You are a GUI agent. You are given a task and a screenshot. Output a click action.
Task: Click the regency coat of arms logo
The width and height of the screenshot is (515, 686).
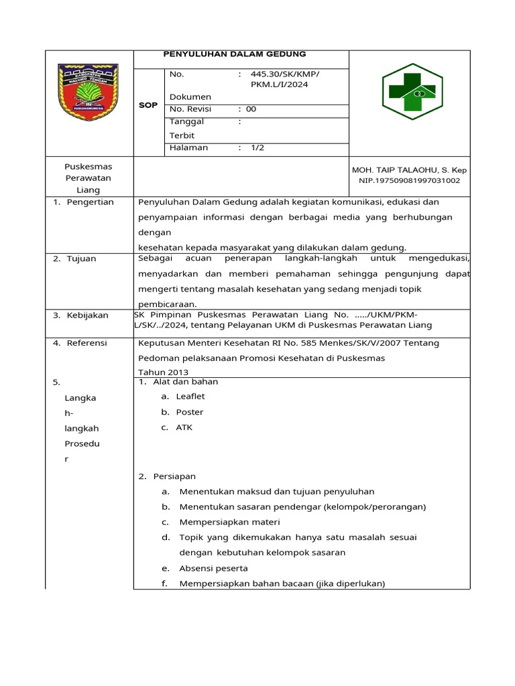coord(89,92)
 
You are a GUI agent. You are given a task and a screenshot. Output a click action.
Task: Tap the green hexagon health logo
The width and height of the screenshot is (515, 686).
coord(408,92)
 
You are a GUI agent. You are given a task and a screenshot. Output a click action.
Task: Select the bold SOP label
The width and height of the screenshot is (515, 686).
coord(148,105)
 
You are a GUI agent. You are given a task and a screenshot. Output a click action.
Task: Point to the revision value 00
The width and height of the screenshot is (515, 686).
coord(251,109)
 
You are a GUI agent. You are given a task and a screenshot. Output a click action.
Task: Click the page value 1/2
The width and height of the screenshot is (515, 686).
coord(257,148)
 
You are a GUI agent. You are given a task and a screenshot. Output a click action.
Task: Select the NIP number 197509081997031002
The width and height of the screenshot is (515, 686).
coord(410,181)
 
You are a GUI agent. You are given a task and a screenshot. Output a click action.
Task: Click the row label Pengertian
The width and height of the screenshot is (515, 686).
coord(90,202)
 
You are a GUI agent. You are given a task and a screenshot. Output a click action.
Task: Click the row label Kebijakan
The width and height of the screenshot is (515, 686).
coord(87,315)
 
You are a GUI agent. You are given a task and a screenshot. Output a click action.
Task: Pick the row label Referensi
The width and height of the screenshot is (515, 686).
coord(87,343)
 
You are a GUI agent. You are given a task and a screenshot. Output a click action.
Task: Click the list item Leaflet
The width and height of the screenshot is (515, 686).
coord(190,397)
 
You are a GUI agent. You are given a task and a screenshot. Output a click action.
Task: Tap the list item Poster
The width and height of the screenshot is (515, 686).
coord(189,412)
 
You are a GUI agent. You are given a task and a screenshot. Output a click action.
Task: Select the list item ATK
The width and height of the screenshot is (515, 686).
coord(184,427)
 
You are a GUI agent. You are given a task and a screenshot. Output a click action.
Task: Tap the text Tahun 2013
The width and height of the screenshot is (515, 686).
coord(163,372)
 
